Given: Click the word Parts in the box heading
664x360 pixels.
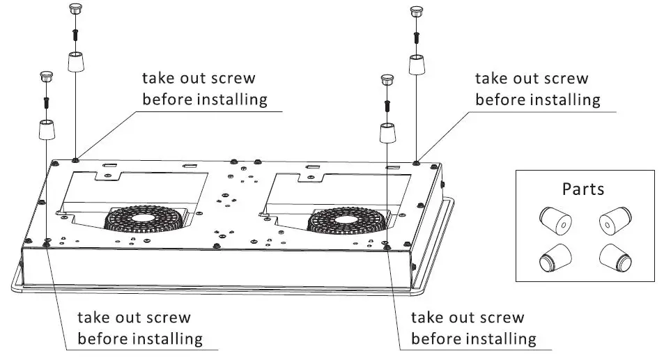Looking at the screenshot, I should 583,189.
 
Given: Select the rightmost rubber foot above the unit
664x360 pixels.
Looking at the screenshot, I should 417,65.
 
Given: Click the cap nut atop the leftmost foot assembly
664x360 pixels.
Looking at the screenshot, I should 45,77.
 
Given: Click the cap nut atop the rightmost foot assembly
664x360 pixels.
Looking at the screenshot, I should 417,12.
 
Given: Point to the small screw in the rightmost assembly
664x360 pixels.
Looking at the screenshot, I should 417,34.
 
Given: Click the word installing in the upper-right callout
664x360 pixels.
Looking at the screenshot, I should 565,100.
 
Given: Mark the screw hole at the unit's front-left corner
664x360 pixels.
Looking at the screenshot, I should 45,243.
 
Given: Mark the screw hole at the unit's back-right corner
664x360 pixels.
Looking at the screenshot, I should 416,163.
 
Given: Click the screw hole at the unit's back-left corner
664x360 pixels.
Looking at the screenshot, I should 75,160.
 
